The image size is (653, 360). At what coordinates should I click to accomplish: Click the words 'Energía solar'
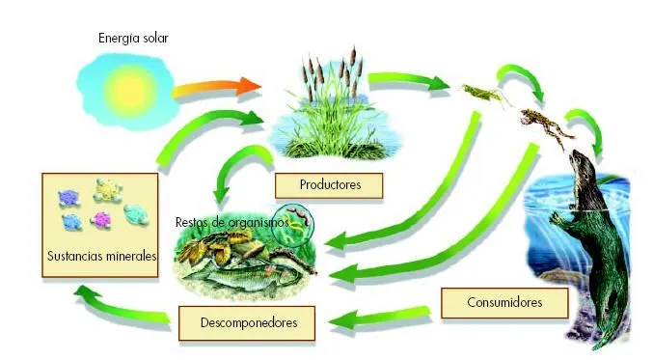pyautogui.click(x=133, y=39)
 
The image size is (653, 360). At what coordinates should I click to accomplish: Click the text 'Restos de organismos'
pyautogui.click(x=231, y=221)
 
